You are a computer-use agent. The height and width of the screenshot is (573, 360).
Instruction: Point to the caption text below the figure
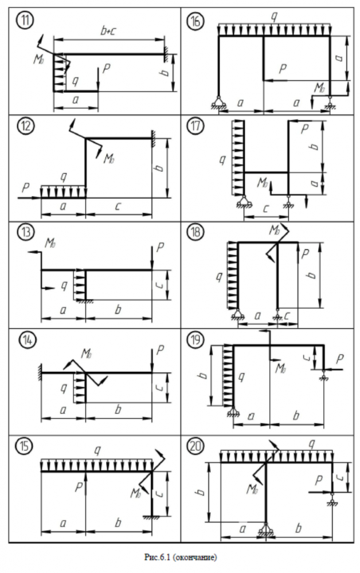point(179,556)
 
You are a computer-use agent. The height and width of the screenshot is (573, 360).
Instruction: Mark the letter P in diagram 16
point(283,69)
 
